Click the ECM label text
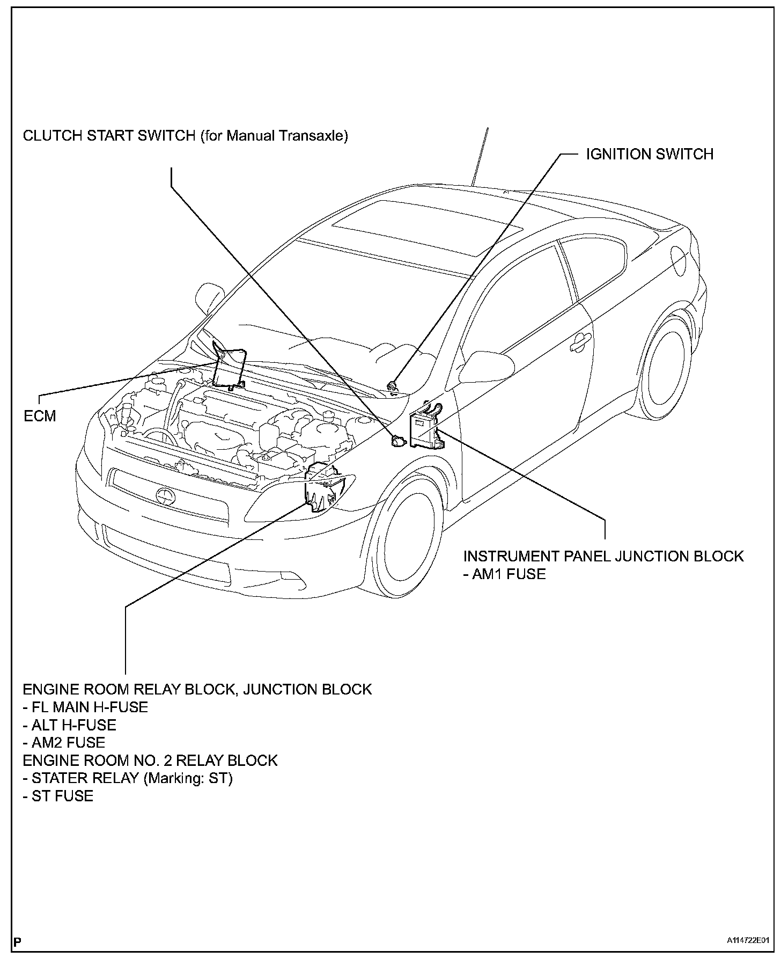[x=40, y=416]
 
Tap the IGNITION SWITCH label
[x=649, y=155]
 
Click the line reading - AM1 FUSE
[x=504, y=574]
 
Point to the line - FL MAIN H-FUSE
[x=85, y=707]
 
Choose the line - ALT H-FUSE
[x=69, y=725]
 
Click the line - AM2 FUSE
[x=64, y=743]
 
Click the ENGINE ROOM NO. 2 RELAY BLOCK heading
[x=150, y=761]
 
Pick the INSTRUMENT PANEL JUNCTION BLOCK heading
[x=603, y=556]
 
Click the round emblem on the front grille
[x=164, y=495]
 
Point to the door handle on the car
[x=578, y=344]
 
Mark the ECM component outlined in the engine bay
[x=229, y=368]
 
